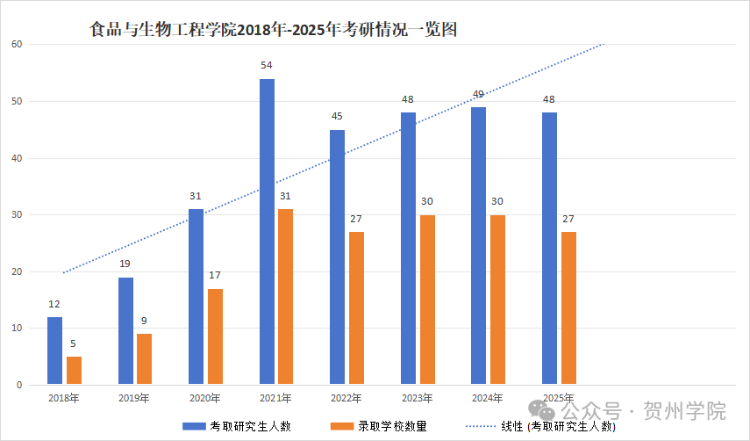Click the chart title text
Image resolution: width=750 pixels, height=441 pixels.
pos(275,29)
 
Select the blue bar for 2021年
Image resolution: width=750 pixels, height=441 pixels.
pos(267,232)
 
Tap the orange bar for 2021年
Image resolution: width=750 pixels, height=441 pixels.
pos(285,297)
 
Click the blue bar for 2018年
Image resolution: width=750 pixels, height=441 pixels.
pos(55,351)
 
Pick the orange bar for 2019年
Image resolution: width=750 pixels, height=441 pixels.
pos(145,359)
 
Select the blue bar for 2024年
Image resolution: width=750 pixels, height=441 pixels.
pos(478,246)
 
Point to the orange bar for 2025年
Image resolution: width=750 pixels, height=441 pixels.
pos(568,308)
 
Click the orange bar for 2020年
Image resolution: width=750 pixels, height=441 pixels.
pos(215,336)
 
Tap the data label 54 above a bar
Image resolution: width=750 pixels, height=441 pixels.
pos(267,66)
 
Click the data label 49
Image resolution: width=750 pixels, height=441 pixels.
pos(478,94)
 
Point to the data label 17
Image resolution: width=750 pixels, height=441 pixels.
pos(215,276)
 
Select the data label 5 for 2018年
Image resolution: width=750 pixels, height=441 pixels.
pos(74,343)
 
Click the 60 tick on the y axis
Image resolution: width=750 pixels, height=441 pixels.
pos(16,45)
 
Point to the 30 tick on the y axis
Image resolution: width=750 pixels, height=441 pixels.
pos(16,215)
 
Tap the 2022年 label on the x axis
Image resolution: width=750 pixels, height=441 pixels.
pos(346,398)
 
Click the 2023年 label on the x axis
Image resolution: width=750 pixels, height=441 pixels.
pos(417,398)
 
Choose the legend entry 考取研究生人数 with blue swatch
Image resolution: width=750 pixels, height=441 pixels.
pos(237,427)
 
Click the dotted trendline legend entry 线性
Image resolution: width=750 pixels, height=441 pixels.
pos(545,427)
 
